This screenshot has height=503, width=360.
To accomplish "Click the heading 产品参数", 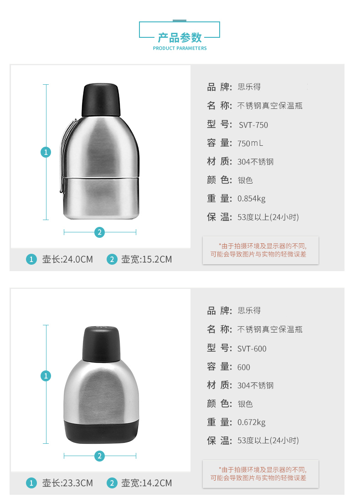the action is [x=180, y=38].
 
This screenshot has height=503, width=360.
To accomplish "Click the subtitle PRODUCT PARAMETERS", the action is [x=180, y=48].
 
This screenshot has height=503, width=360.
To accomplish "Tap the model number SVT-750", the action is [x=253, y=125].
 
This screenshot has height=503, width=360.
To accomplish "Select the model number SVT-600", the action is [x=252, y=349].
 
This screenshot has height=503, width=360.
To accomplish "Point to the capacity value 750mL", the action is [x=250, y=144].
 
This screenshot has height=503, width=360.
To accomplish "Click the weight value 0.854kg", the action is [x=251, y=199].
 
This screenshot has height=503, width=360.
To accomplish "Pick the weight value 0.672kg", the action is [x=251, y=422].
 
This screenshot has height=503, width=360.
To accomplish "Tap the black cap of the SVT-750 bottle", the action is [x=101, y=100].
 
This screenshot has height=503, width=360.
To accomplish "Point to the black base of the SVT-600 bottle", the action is [x=101, y=432].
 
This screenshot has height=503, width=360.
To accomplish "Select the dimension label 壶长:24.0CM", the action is [x=67, y=259].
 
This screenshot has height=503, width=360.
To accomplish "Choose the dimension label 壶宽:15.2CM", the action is [x=146, y=259].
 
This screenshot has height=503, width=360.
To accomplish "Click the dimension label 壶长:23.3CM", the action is [x=67, y=483].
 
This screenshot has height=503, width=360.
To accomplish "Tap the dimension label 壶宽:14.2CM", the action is [x=146, y=483].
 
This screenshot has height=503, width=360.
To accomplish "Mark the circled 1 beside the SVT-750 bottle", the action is [x=46, y=152].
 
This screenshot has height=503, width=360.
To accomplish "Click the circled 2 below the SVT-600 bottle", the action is [x=99, y=456].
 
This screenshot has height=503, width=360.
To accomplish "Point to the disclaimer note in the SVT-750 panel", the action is [x=259, y=250].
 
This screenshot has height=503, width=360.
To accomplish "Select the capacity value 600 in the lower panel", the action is [x=243, y=367].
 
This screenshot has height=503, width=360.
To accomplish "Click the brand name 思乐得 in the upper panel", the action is [x=249, y=87].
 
